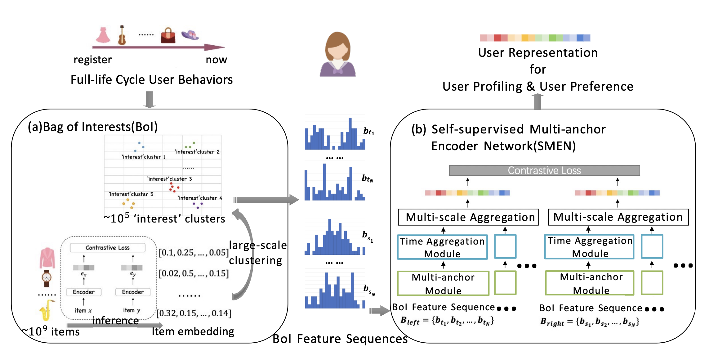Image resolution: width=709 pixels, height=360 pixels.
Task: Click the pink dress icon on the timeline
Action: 103,35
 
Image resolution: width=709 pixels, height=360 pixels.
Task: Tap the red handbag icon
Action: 168,36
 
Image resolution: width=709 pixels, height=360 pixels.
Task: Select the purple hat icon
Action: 190,35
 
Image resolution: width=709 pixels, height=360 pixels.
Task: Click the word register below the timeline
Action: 92,60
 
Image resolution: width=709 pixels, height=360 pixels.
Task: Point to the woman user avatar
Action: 338,54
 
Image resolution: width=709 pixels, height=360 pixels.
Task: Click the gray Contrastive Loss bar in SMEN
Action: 544,170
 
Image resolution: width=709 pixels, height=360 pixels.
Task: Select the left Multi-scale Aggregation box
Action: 468,217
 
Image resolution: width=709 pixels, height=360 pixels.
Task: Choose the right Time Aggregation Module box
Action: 589,247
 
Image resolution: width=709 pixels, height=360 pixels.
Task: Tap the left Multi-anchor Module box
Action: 443,283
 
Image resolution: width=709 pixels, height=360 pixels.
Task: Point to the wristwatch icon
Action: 47,278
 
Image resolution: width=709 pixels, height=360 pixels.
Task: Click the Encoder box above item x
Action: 84,292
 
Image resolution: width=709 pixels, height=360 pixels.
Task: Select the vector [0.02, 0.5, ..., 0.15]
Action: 194,273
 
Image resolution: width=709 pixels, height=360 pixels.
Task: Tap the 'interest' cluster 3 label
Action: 170,179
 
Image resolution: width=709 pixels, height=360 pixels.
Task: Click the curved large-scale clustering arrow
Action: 248,254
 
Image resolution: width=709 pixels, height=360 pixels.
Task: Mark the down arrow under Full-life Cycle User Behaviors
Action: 149,99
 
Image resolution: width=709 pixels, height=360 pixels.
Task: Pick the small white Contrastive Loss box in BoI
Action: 108,248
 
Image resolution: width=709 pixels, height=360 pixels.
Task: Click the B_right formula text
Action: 589,322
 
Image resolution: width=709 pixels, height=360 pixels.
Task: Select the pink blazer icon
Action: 47,258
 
